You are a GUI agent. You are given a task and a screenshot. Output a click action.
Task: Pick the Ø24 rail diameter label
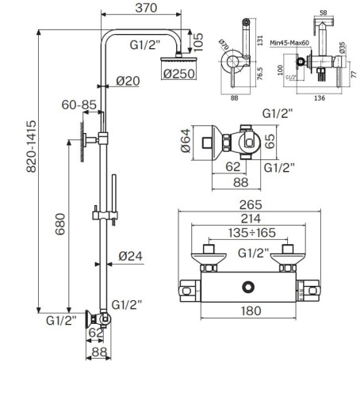[x=130, y=256]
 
